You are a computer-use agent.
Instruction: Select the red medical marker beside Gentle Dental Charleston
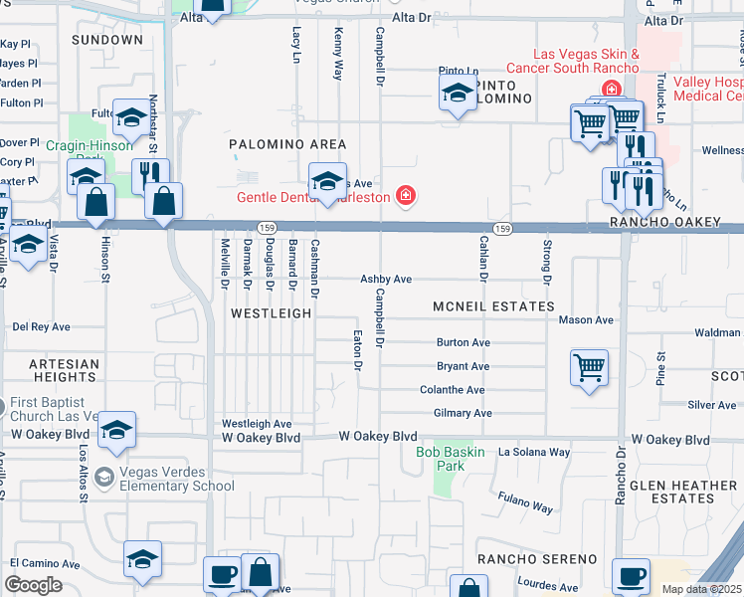point(405,195)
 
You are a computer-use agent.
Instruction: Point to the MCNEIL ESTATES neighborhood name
point(492,307)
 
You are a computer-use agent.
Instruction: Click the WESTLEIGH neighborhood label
point(271,312)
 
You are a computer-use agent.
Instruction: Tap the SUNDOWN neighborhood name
point(107,40)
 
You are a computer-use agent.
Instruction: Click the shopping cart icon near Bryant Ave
point(589,367)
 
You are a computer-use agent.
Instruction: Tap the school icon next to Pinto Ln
point(457,95)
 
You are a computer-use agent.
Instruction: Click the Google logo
point(34,584)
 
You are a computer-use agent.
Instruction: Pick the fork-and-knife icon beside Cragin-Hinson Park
point(150,174)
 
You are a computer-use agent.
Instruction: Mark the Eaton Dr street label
point(356,349)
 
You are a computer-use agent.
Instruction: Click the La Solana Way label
point(534,452)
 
